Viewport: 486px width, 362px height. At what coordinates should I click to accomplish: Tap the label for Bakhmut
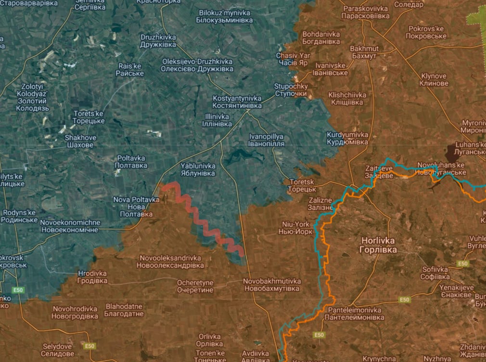[364, 52]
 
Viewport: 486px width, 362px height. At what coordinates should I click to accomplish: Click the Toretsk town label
[301, 186]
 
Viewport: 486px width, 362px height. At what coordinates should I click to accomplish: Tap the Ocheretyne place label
[195, 286]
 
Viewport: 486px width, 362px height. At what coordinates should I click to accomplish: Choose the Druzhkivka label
[158, 41]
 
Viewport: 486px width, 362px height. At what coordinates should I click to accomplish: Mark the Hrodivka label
[92, 277]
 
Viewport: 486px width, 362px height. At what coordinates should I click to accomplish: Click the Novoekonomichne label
[70, 226]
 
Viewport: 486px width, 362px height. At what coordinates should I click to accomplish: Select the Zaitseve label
[379, 172]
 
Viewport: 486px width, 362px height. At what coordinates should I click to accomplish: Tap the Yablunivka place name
[198, 169]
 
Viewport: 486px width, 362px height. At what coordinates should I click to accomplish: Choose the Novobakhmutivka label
[272, 284]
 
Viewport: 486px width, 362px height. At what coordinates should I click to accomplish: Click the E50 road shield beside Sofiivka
[463, 264]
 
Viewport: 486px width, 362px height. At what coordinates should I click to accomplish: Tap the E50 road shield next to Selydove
[89, 346]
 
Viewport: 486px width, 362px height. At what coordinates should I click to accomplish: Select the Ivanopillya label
[266, 140]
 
